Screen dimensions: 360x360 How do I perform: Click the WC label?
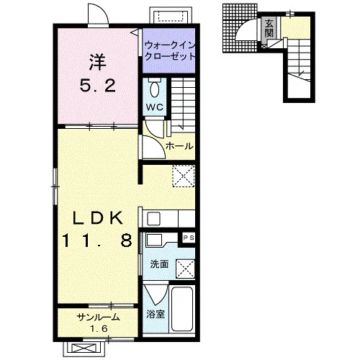point(155,107)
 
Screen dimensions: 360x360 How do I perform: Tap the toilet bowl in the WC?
point(154,89)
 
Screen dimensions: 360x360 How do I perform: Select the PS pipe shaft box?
point(189,238)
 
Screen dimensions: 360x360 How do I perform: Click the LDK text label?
point(98,218)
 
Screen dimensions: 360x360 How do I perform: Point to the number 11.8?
point(97,240)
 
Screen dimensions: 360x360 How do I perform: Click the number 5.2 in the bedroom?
point(98,86)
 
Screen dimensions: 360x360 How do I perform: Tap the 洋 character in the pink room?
point(98,63)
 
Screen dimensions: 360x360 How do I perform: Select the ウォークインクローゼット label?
point(169,51)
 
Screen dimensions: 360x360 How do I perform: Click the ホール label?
point(179,146)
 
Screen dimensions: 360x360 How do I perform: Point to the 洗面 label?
point(159,264)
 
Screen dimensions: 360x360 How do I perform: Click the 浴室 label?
point(156,314)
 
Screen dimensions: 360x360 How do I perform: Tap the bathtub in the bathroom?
point(182,309)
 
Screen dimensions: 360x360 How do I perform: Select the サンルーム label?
point(98,318)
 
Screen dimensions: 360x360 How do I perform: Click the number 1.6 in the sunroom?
point(99,328)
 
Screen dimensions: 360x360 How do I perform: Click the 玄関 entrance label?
point(269,28)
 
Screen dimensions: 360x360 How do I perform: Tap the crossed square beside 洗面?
point(185,269)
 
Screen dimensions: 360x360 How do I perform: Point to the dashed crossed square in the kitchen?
point(184,176)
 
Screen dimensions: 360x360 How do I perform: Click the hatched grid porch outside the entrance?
point(240,28)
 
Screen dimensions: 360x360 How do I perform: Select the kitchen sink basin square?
point(153,219)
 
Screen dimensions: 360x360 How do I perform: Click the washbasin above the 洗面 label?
point(155,240)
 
